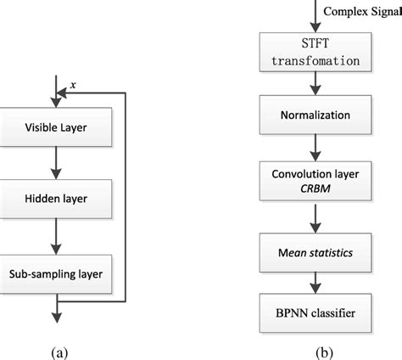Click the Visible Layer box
pos(57,128)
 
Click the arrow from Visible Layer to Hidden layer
pos(57,161)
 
